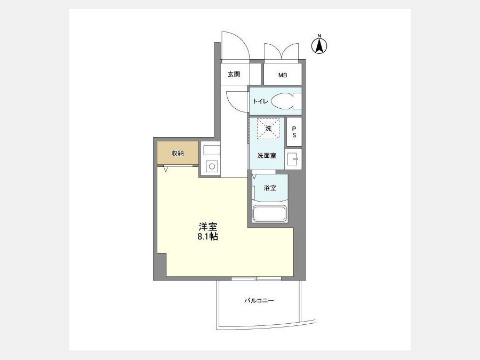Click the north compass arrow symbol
tap(319, 46)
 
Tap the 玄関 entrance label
tap(234, 74)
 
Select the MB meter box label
tap(283, 75)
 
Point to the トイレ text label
tap(260, 101)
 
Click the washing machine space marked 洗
tap(268, 128)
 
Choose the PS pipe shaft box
tap(294, 132)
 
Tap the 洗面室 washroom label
tap(267, 156)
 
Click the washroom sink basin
tap(293, 159)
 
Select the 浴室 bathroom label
tap(270, 188)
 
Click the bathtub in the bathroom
tap(270, 213)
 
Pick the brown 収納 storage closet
tap(178, 153)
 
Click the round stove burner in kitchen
tap(212, 166)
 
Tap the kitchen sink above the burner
tap(212, 150)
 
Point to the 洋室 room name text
tap(208, 227)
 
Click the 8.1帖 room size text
tap(208, 237)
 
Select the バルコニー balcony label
tap(259, 301)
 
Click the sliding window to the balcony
tap(256, 278)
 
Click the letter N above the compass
tap(319, 36)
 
